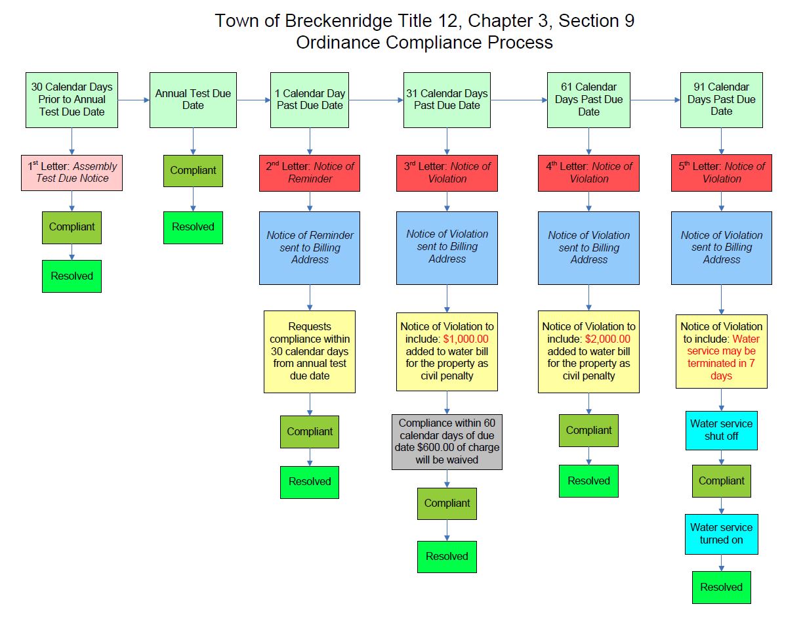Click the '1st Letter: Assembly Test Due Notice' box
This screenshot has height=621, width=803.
72,172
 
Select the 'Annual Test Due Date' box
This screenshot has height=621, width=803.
193,100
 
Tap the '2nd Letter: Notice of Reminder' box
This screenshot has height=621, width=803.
310,173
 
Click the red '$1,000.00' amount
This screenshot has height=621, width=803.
466,339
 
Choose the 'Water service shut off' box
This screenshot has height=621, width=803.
722,430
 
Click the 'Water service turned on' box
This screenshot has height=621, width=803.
722,534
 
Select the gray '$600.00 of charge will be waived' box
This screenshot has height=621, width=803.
447,442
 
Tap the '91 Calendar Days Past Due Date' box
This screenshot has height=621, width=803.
722,99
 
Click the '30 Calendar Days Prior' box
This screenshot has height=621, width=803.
72,99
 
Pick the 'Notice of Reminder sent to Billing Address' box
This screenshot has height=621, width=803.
310,247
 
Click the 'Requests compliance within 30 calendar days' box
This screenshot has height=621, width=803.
310,351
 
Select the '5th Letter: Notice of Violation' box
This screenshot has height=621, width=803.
722,173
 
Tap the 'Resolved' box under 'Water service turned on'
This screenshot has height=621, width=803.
722,588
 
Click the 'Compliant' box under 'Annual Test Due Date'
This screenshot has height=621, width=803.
193,171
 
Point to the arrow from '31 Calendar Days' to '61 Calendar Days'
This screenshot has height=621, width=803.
519,100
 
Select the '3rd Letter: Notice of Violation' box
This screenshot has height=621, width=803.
447,173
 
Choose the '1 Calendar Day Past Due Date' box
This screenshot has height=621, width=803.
310,100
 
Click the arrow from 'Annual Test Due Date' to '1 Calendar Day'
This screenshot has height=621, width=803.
253,100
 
